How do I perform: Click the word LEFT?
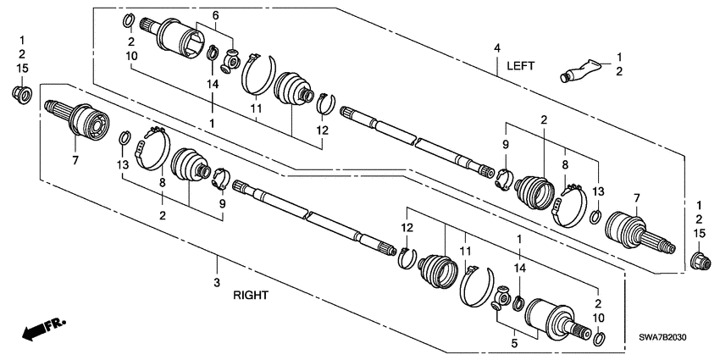coord(521,65)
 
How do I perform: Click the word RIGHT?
coord(251,296)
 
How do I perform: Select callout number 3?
coord(216,281)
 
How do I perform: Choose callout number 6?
coord(215,16)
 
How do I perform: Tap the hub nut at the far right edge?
coord(700,258)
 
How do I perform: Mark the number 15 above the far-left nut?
coord(22,68)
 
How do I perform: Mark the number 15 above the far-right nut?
coord(700,233)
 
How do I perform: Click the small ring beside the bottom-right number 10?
coord(599,340)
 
